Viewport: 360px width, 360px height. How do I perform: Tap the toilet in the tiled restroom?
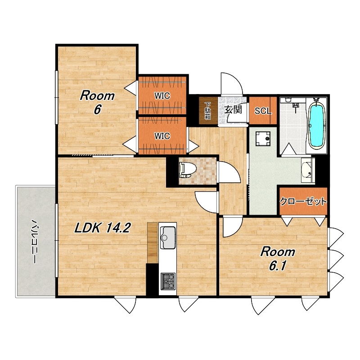pyautogui.click(x=186, y=170)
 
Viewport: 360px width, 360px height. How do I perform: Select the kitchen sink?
pyautogui.click(x=168, y=238)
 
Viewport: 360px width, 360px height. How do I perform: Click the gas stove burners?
pyautogui.click(x=168, y=281)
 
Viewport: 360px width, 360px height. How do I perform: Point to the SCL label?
pyautogui.click(x=263, y=111)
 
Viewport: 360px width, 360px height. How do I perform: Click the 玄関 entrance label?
pyautogui.click(x=233, y=110)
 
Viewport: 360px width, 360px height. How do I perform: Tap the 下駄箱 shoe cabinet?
pyautogui.click(x=208, y=111)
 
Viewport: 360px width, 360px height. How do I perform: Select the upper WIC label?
pyautogui.click(x=162, y=95)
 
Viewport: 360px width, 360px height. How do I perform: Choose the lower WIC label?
pyautogui.click(x=162, y=136)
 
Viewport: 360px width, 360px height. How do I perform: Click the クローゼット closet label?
pyautogui.click(x=303, y=201)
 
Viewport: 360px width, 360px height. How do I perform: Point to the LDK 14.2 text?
pyautogui.click(x=103, y=228)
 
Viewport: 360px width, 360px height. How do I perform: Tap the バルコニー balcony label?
pyautogui.click(x=35, y=241)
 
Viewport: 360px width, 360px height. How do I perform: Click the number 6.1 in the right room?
pyautogui.click(x=278, y=266)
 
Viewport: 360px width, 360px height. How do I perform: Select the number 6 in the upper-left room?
pyautogui.click(x=97, y=110)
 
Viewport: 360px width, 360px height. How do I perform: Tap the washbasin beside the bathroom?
pyautogui.click(x=307, y=170)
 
